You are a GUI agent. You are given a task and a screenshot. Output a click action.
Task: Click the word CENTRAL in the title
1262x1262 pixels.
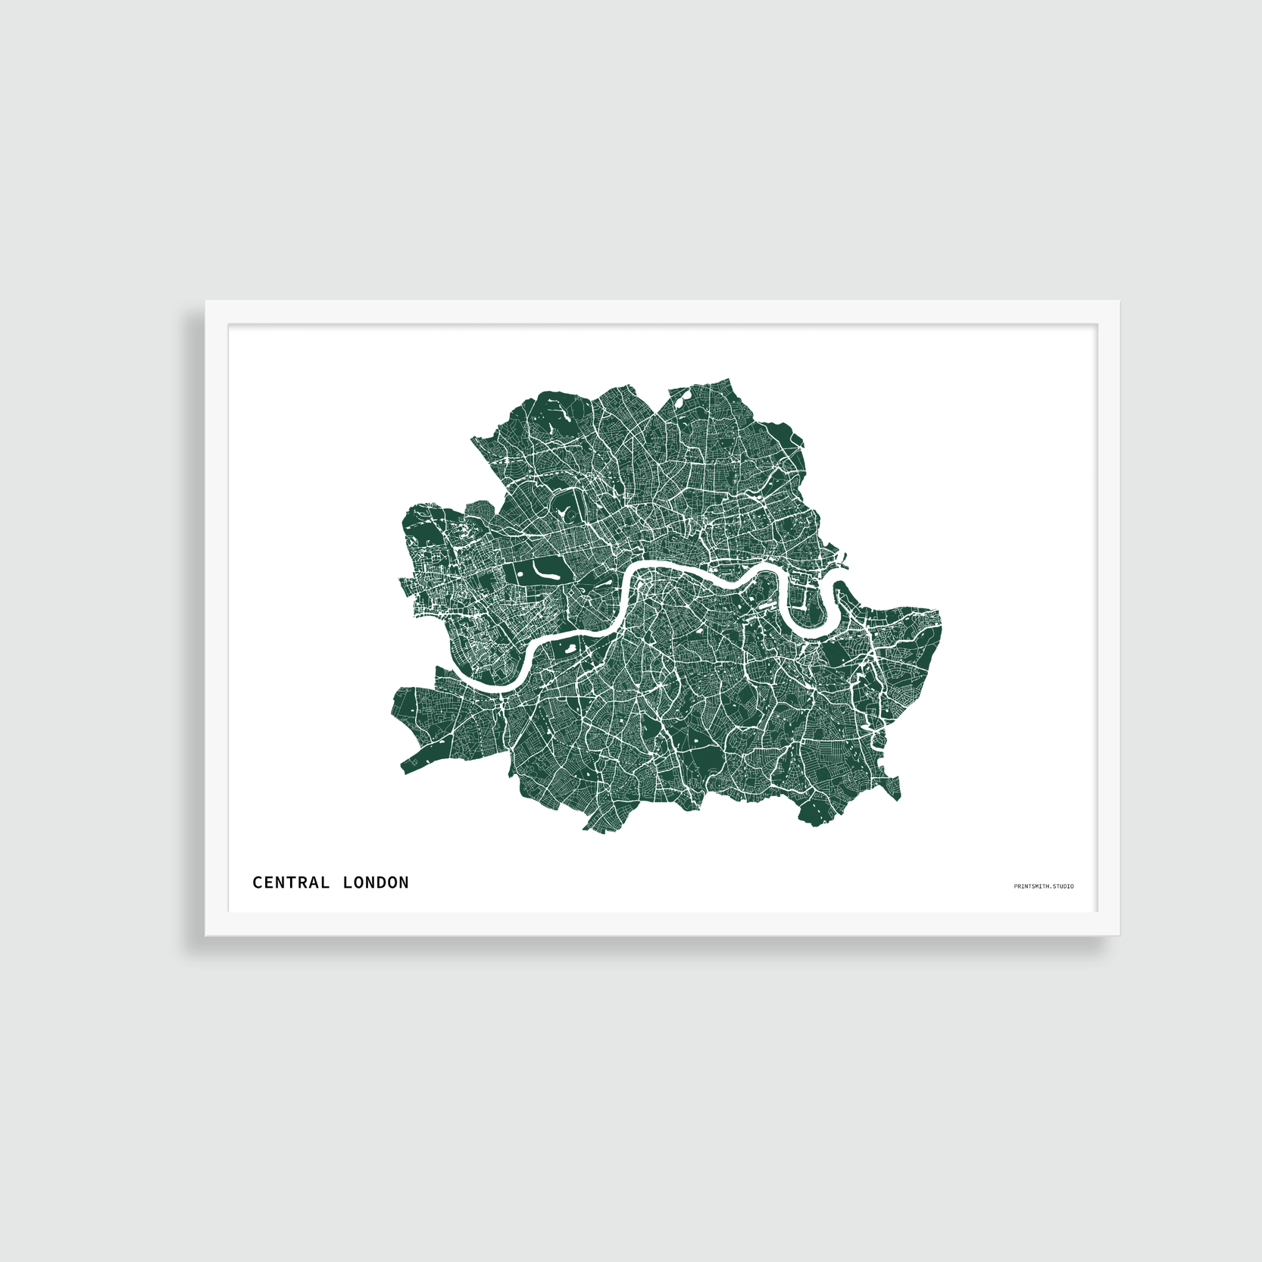[291, 882]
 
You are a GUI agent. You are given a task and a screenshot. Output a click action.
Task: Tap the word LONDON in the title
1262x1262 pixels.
[376, 882]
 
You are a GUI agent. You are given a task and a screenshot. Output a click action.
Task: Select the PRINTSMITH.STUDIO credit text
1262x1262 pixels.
[1043, 886]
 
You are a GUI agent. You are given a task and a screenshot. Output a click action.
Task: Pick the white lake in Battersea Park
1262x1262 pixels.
[567, 649]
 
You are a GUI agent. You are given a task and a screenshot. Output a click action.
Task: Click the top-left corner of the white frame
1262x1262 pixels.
[207, 302]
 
